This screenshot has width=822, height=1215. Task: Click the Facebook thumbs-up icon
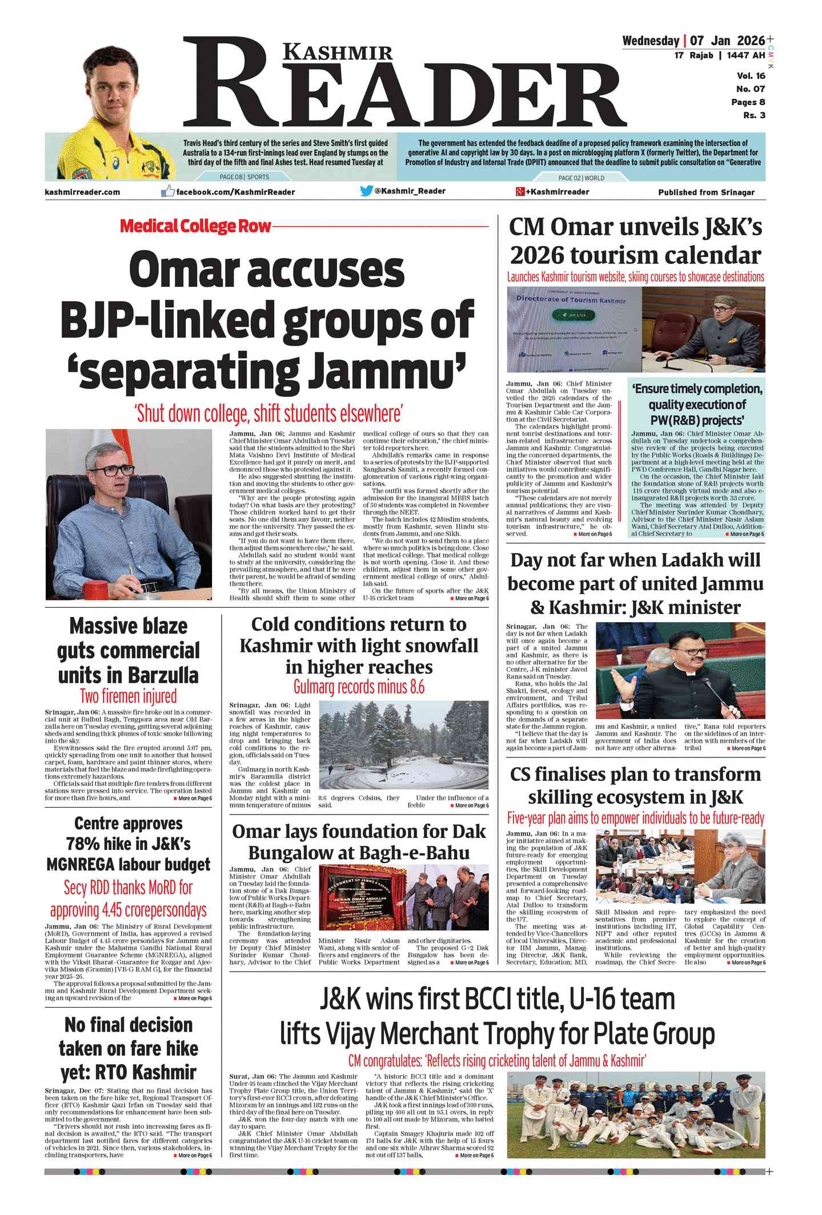pos(167,191)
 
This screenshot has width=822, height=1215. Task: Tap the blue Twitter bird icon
pos(366,191)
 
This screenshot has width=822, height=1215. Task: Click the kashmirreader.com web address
pos(82,192)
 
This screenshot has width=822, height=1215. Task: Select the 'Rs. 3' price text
pos(754,115)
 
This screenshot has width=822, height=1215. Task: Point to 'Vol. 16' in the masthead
pos(751,76)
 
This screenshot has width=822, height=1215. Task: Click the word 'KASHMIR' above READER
pos(338,53)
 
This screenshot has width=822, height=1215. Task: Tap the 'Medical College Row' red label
pos(195,226)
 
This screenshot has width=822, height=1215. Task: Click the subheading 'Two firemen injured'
pos(128,696)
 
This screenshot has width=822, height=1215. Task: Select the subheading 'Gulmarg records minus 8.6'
pos(359,687)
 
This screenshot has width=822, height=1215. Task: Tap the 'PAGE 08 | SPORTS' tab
pos(244,178)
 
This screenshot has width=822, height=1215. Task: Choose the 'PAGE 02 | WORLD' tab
pos(581,178)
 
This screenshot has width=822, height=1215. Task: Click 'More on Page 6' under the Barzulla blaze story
pos(194,798)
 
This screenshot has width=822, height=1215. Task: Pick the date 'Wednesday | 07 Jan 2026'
pos(693,41)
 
